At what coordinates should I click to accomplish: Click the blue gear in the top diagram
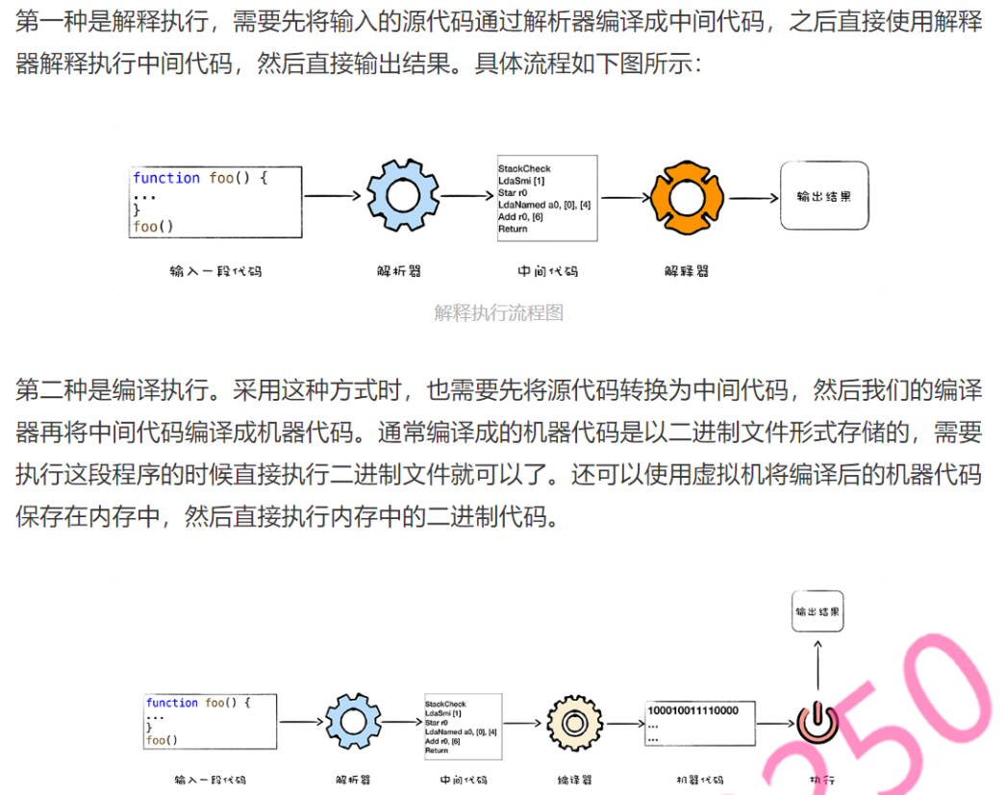401,197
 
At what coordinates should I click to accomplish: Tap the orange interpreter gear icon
686,198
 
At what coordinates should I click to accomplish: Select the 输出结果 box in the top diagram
823,195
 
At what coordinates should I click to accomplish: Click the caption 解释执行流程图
498,312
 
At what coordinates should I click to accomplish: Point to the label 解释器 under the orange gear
686,271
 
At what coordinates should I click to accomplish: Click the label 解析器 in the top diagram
399,271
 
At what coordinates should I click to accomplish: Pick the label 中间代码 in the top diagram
547,271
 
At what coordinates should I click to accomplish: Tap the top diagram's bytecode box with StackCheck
546,198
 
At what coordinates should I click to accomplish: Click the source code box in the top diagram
216,201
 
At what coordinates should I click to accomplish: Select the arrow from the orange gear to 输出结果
752,198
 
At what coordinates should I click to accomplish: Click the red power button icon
817,720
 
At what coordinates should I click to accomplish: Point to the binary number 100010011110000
692,710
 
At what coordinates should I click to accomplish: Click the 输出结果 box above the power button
817,611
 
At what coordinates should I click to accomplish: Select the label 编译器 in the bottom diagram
574,780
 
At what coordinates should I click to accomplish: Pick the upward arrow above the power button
817,663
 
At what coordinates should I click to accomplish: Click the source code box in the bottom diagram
211,721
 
